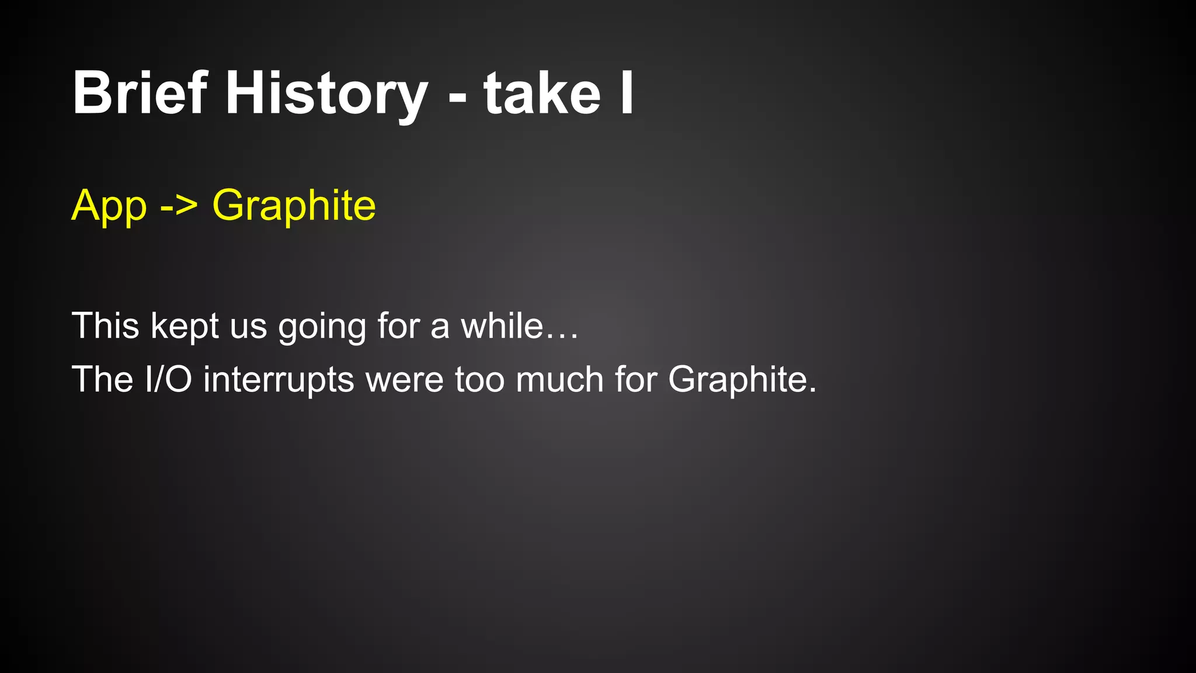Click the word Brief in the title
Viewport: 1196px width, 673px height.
(140, 93)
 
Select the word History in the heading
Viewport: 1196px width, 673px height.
(326, 93)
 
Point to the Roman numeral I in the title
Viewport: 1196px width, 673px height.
(627, 93)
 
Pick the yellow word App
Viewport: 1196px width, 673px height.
(109, 206)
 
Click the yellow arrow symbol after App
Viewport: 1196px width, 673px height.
(179, 207)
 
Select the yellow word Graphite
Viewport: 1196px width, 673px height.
(294, 206)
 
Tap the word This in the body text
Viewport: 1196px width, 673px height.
(105, 325)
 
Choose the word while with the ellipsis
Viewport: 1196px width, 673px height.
(520, 325)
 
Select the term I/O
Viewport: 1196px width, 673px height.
(168, 379)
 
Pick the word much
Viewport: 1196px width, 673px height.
(559, 379)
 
